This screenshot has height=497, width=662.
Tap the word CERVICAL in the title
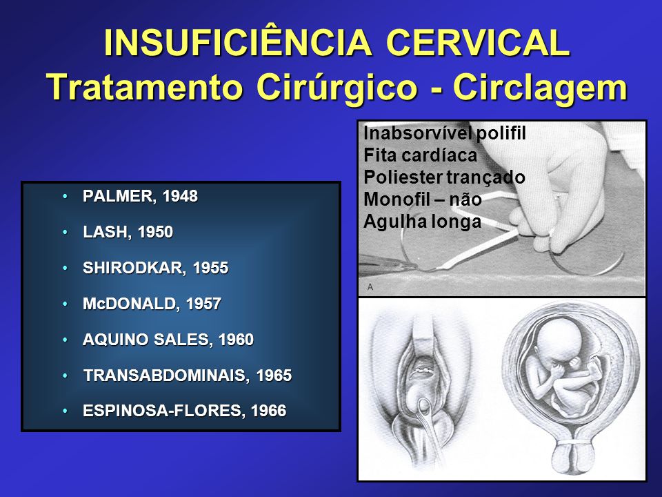pos(479,43)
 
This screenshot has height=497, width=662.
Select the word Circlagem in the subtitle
pos(541,88)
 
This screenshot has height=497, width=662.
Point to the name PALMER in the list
pos(119,196)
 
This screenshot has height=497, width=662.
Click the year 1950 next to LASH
pos(155,232)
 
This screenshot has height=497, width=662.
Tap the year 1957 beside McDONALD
pos(203,304)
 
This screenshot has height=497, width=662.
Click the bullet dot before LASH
pos(65,232)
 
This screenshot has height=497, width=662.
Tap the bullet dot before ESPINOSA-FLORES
pos(65,411)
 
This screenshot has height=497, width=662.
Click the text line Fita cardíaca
pos(420,155)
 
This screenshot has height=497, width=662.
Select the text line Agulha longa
pos(422,222)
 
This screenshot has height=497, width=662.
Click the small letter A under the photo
pos(370,287)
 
